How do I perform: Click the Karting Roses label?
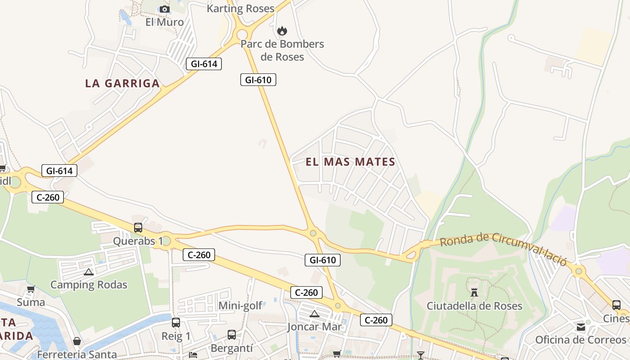[240, 9]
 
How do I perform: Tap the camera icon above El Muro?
[165, 9]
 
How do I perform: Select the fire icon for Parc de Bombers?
[282, 31]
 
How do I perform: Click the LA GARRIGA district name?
[122, 83]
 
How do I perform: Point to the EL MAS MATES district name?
[351, 162]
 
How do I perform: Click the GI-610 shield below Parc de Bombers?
[258, 80]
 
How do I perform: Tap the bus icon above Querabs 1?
[138, 228]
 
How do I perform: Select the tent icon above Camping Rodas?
[89, 272]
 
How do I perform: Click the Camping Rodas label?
[89, 285]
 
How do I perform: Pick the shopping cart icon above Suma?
[31, 289]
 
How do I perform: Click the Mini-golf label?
[240, 306]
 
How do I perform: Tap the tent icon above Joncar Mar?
[315, 314]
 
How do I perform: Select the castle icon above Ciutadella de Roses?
[474, 292]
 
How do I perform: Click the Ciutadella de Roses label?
[474, 306]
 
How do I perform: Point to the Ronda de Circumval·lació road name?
[503, 248]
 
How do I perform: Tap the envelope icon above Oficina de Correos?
[581, 327]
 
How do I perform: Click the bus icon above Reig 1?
[176, 323]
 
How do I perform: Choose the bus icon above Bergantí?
[232, 335]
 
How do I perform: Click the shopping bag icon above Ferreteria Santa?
[77, 342]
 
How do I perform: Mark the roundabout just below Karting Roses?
[243, 34]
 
